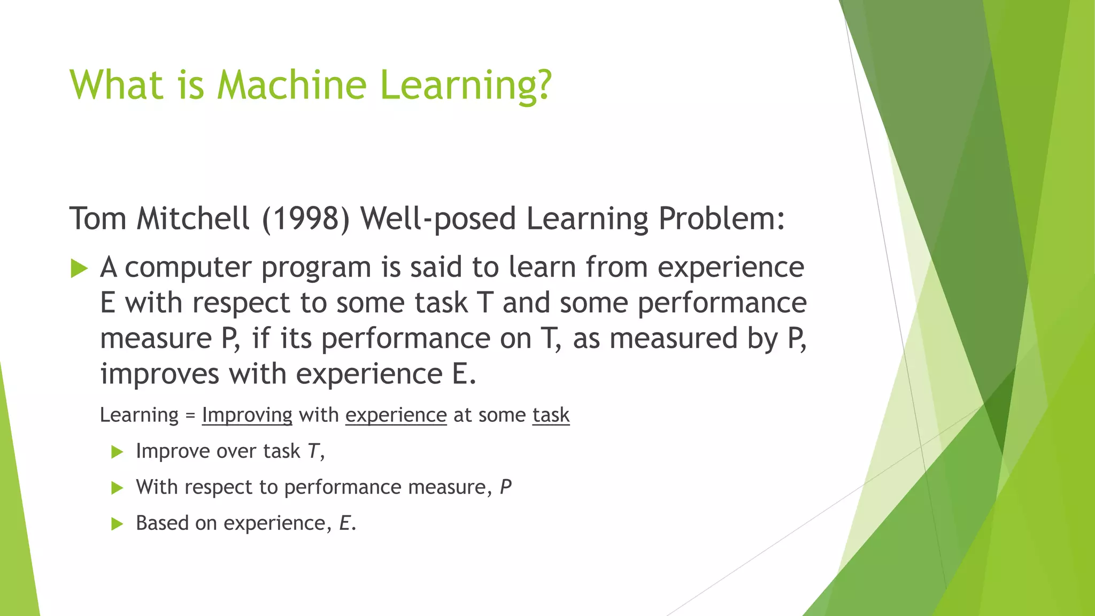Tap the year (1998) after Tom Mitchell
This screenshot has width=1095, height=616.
(x=306, y=219)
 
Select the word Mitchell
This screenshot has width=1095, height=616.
(x=193, y=219)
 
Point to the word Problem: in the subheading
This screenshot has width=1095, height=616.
(x=721, y=219)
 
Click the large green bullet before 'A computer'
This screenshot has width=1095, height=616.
(x=79, y=268)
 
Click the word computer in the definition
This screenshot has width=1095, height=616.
(x=188, y=267)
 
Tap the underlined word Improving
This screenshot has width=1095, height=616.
(x=247, y=415)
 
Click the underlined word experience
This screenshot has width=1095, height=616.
(x=396, y=415)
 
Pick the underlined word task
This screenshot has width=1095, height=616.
(x=551, y=415)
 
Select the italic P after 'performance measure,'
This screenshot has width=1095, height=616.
(x=506, y=487)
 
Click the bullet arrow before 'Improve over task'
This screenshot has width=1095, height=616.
(x=117, y=452)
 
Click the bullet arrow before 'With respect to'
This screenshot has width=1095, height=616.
(x=117, y=488)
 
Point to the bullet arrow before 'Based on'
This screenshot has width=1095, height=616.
(x=117, y=524)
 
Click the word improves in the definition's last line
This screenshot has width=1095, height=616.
(x=159, y=374)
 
